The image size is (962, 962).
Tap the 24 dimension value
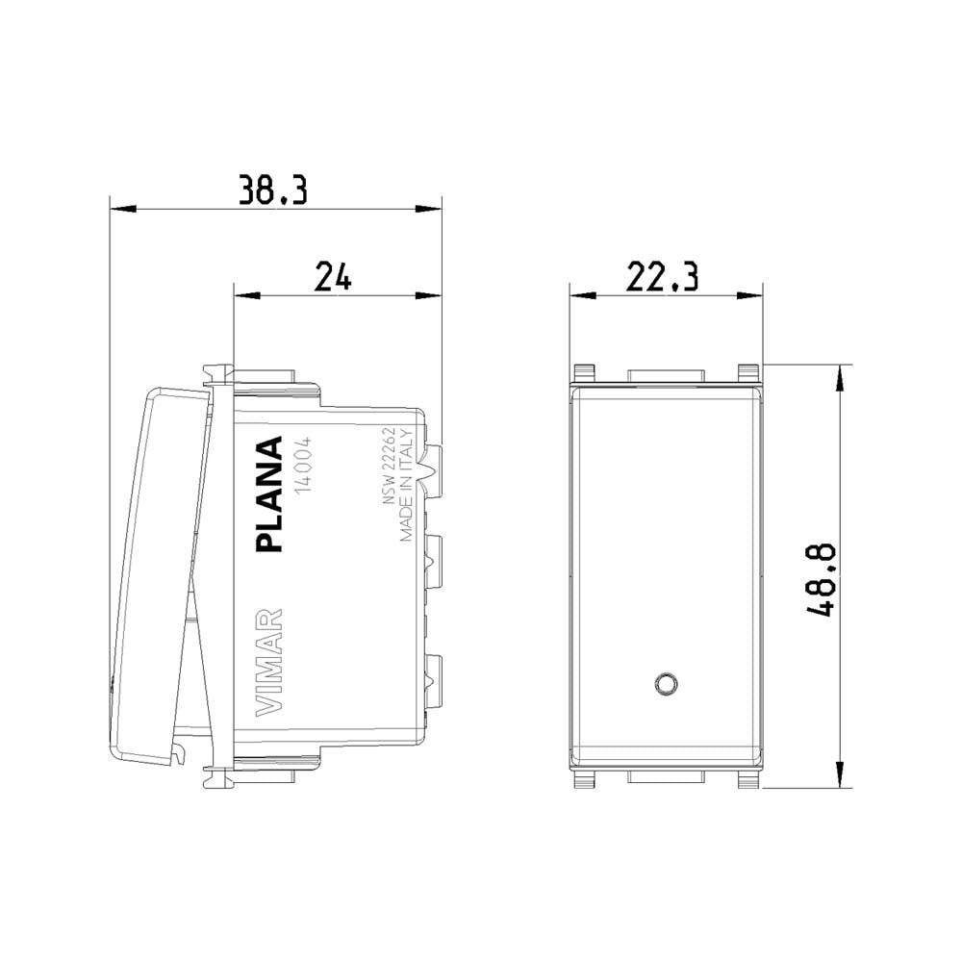point(334,278)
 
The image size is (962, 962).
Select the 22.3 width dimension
point(665,278)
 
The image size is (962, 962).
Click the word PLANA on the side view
point(270,494)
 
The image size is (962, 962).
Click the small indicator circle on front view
point(664,684)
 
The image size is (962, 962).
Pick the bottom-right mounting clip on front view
point(747,780)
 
